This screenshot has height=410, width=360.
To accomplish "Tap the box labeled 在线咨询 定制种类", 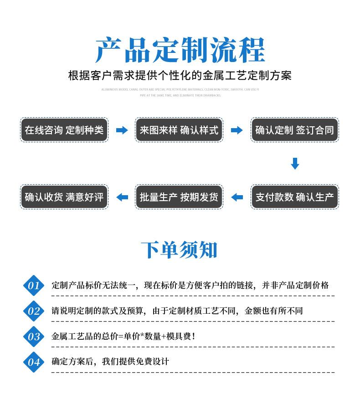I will tap(64, 130).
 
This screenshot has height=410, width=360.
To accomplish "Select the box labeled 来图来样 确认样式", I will tap(179, 130).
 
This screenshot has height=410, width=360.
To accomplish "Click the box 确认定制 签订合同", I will tap(294, 130).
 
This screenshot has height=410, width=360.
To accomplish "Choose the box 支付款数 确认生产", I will tap(294, 197).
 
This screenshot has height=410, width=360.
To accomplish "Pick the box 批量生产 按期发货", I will tap(179, 197).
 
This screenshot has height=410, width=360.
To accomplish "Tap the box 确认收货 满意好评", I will tap(64, 197).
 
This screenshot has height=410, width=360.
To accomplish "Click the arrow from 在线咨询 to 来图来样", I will tap(122, 130).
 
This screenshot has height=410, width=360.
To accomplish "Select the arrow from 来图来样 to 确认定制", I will tap(237, 130).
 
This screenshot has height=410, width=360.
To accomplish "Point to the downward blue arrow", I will tap(295, 164).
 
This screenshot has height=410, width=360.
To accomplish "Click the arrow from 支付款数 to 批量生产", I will tap(237, 197).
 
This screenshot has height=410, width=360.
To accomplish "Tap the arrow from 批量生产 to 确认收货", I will tap(122, 197).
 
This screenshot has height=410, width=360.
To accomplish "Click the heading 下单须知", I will tap(179, 250).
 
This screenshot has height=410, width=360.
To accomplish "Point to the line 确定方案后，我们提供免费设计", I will tap(110, 362).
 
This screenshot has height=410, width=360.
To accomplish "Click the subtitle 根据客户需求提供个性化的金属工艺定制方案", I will tap(180, 75).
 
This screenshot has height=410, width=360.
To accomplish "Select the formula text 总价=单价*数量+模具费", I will tap(150, 337).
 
